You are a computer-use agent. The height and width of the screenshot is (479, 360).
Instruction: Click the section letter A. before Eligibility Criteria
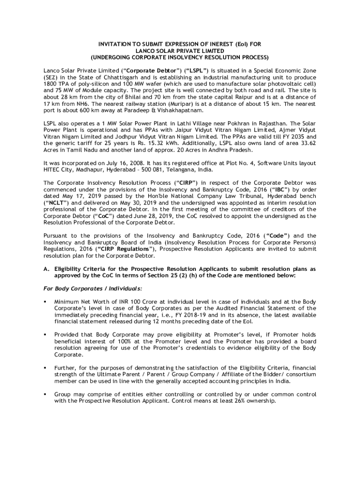(46, 269)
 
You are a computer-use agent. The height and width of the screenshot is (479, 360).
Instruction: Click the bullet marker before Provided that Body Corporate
(45, 335)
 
